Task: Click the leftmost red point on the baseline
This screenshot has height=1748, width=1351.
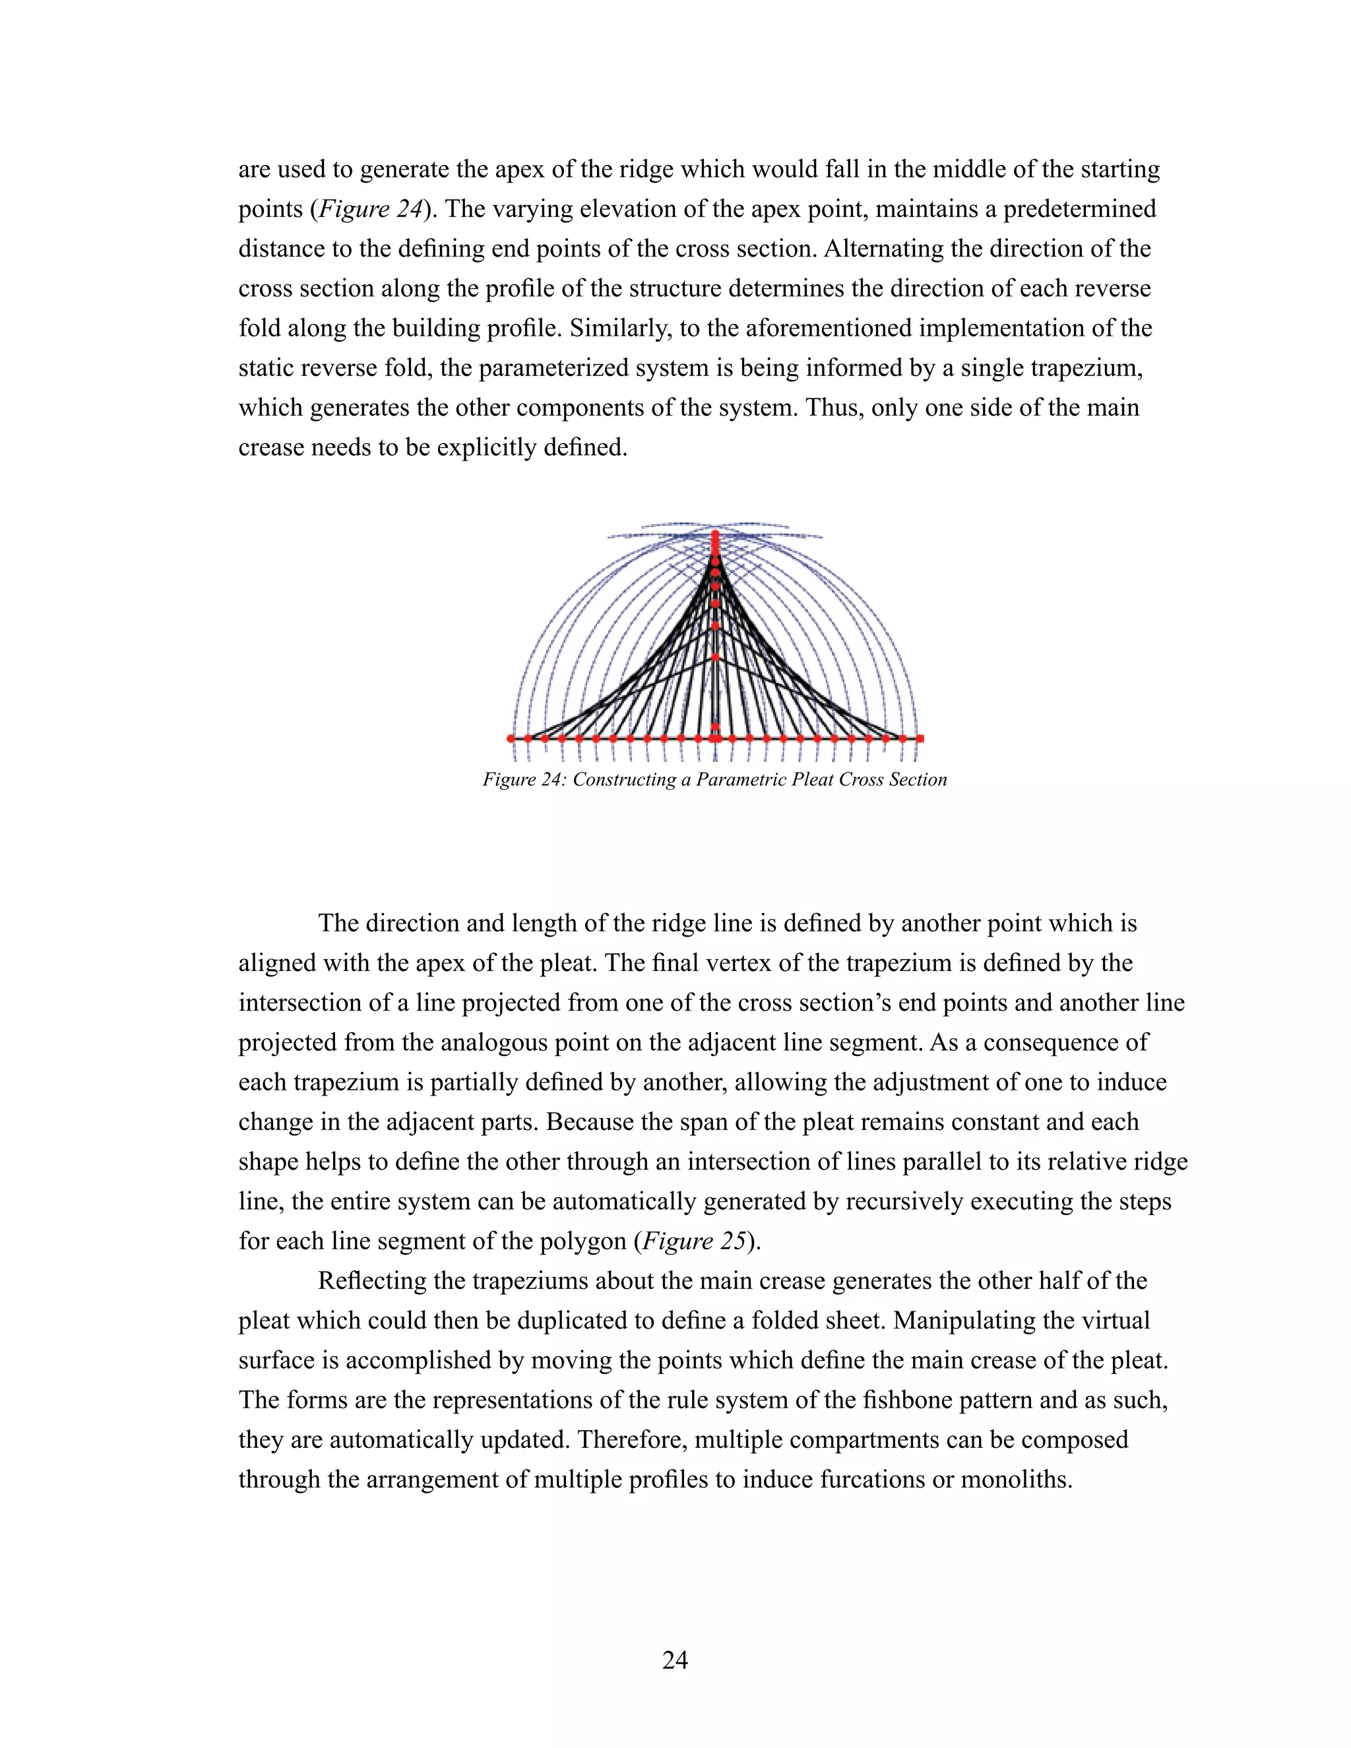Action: [511, 738]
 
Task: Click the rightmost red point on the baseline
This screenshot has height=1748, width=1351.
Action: [920, 738]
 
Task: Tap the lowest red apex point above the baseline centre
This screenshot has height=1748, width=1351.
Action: [716, 657]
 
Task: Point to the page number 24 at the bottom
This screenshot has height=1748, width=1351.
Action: [675, 1660]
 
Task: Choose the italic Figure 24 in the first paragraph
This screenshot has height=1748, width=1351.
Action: [370, 209]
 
